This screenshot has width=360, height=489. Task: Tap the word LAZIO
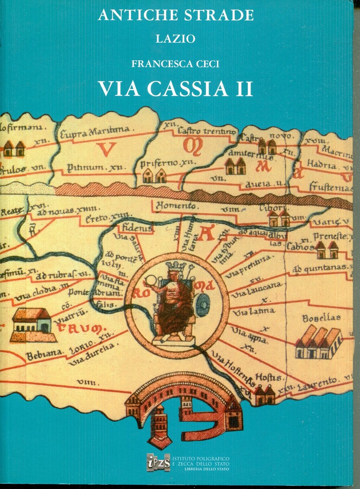pyautogui.click(x=176, y=39)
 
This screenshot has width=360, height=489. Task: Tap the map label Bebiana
pyautogui.click(x=44, y=356)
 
